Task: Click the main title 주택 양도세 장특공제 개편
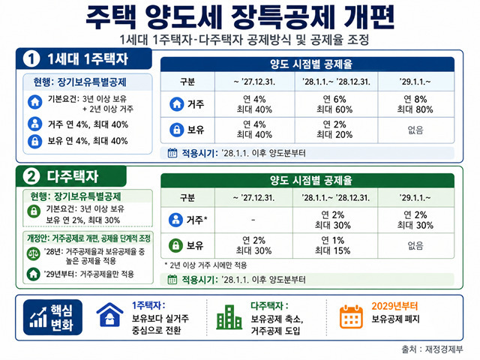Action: tap(240, 17)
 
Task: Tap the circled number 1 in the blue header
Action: tap(31, 59)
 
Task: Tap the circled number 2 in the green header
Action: tap(31, 177)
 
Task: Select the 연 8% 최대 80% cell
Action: tap(415, 104)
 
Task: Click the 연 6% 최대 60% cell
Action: tap(334, 104)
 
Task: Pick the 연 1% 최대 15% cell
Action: tap(333, 245)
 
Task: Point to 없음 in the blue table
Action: tap(415, 130)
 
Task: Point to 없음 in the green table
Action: tap(415, 246)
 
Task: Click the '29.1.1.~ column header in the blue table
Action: tap(415, 82)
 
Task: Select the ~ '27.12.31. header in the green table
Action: tap(253, 198)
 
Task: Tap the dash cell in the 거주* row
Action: tap(253, 220)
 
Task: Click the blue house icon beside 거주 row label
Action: tap(177, 104)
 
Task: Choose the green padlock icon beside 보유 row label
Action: tap(175, 245)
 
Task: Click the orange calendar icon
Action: tap(351, 316)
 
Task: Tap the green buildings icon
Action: tap(229, 317)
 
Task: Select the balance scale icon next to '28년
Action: tap(33, 254)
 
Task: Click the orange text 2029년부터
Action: tap(394, 306)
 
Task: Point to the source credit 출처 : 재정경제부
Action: tap(432, 349)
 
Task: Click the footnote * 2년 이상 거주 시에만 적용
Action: tap(205, 265)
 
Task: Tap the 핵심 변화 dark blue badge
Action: tap(52, 317)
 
